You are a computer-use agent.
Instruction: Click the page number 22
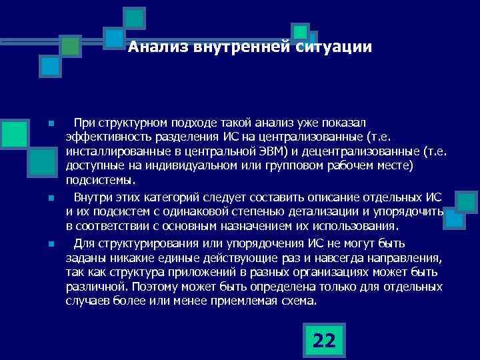click(324, 341)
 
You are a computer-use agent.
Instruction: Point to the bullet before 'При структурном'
click(50, 125)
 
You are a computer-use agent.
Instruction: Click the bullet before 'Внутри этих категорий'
click(50, 198)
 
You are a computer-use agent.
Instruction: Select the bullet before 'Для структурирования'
click(50, 243)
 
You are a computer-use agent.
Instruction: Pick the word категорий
click(179, 197)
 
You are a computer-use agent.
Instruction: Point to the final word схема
click(300, 301)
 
